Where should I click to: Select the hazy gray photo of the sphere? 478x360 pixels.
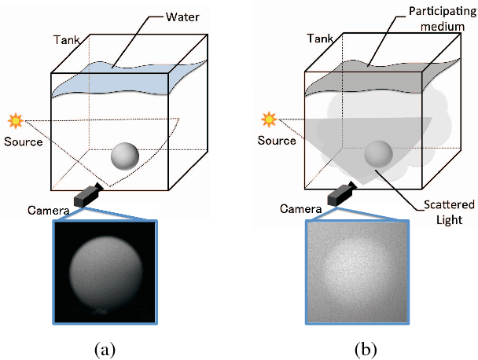point(358,271)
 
